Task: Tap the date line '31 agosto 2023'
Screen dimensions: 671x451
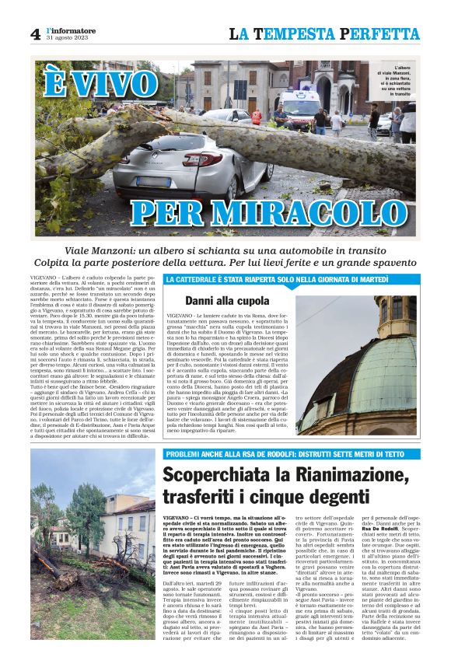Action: [x=68, y=38]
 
